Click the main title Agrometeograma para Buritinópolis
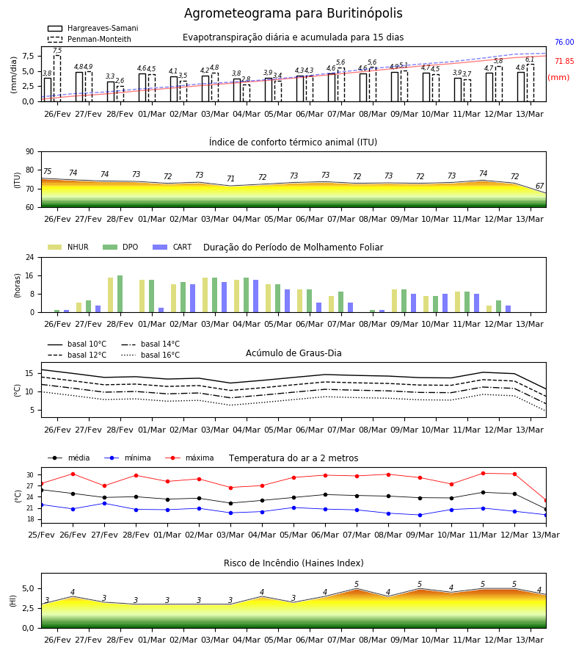293,13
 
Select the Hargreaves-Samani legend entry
92,28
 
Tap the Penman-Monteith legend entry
90,39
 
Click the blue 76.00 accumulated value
564,42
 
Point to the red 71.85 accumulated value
564,61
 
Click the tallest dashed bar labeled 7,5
57,79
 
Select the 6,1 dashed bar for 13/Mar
531,83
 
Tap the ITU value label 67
539,186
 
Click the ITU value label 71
230,178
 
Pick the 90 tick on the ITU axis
30,152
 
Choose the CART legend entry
172,247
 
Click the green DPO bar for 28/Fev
120,294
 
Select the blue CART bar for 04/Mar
255,296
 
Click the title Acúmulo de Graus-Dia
293,353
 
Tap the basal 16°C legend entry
150,355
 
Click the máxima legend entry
189,458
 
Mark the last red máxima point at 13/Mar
546,501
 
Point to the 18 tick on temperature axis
30,519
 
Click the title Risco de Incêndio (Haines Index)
293,563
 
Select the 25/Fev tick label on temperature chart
41,535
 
